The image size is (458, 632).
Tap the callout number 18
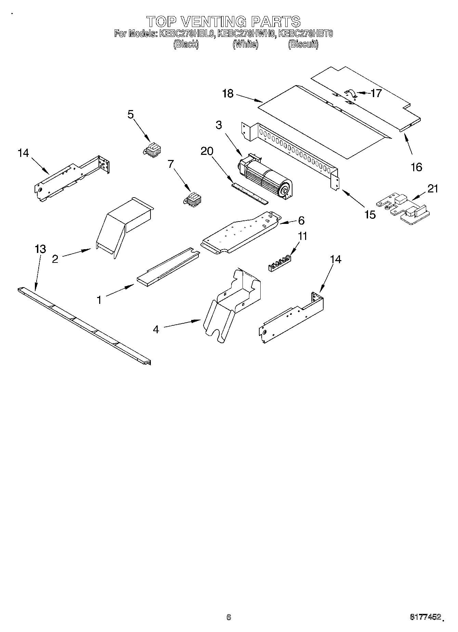228,93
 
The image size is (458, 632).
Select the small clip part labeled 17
350,94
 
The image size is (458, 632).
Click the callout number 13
40,249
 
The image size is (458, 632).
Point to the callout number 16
416,167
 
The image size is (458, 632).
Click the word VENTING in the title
213,22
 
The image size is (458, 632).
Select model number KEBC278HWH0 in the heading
246,34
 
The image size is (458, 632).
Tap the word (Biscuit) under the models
303,44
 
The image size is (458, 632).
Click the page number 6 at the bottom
228,617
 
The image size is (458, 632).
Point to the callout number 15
370,215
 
